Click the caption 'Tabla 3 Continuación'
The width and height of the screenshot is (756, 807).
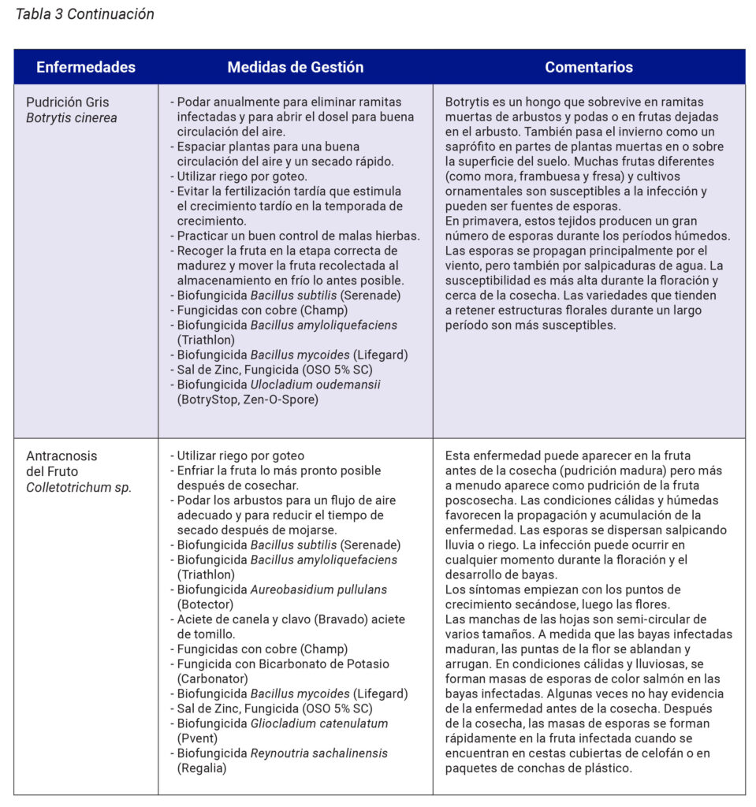pyautogui.click(x=85, y=14)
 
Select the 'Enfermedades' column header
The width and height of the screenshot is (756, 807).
pyautogui.click(x=85, y=67)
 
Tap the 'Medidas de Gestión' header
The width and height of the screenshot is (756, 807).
pyautogui.click(x=296, y=67)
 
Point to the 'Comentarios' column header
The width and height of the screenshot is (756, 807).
pyautogui.click(x=589, y=67)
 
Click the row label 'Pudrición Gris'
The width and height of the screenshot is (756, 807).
pyautogui.click(x=68, y=102)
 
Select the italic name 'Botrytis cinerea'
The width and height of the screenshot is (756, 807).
pyautogui.click(x=71, y=118)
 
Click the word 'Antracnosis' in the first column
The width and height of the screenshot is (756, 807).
pyautogui.click(x=61, y=456)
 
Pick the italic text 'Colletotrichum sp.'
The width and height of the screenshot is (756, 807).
pyautogui.click(x=79, y=487)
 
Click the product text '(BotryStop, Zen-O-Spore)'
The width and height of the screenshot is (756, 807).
pyautogui.click(x=245, y=400)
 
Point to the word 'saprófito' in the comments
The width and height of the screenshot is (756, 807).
pyautogui.click(x=471, y=147)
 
